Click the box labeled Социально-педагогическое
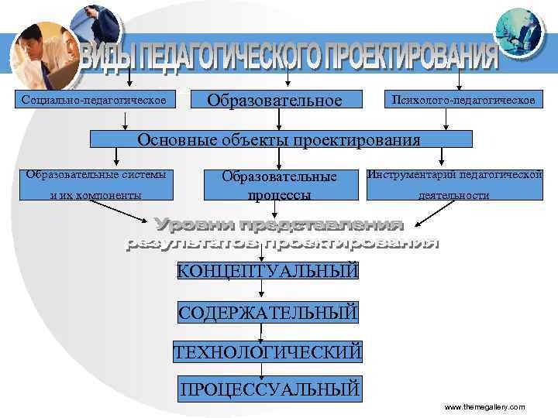(x=95, y=101)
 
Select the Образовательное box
(x=284, y=101)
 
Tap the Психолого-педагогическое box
(x=463, y=101)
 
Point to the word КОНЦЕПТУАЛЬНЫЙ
(x=268, y=271)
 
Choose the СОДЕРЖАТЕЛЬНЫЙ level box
(x=268, y=313)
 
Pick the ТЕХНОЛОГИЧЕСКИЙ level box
(x=268, y=352)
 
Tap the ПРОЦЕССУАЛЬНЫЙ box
(x=269, y=389)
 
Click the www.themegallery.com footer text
(x=484, y=407)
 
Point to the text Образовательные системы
(x=95, y=173)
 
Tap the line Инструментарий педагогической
(x=455, y=174)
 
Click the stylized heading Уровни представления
(x=279, y=225)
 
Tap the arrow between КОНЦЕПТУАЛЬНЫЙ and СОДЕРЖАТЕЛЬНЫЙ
(x=261, y=291)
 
